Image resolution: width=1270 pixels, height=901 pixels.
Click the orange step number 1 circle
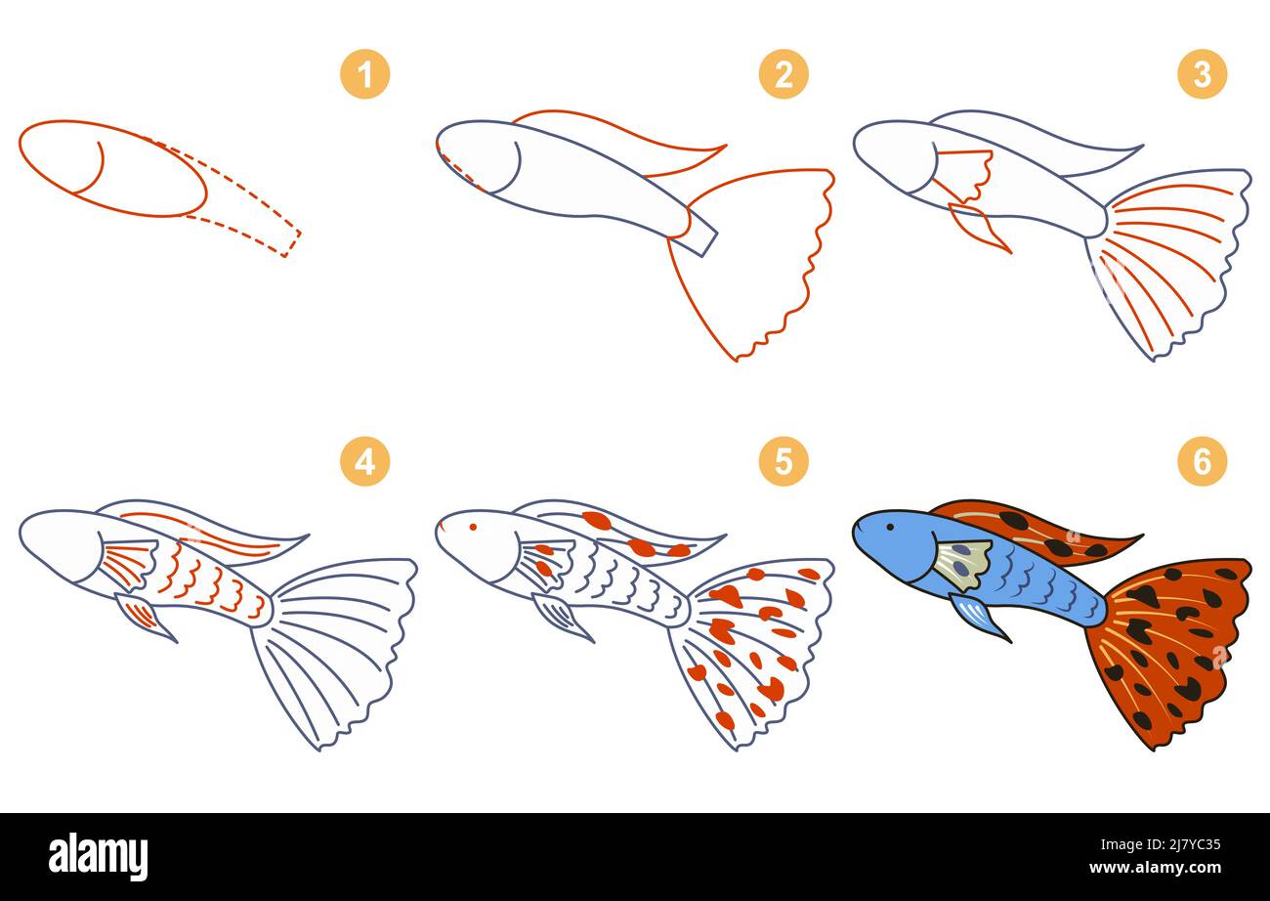tap(364, 74)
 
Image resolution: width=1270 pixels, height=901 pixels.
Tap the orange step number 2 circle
tap(783, 74)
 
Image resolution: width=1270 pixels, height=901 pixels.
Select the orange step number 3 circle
tap(1202, 74)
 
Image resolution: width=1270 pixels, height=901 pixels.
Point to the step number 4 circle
tap(364, 461)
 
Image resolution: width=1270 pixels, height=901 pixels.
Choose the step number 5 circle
tap(783, 461)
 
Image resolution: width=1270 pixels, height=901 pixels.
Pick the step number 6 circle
tap(1202, 461)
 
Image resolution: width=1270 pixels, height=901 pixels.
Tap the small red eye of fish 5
tap(473, 527)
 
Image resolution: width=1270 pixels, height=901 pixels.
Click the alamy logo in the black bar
tap(99, 857)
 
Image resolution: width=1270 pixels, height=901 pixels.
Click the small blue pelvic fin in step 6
tap(977, 617)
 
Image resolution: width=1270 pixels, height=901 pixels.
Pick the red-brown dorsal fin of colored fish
tap(1036, 534)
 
